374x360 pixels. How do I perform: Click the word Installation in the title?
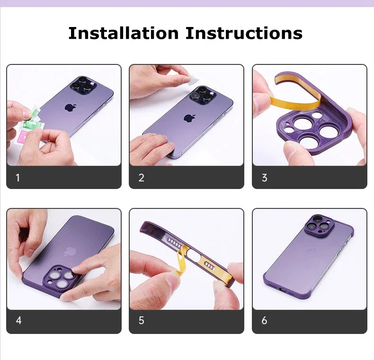pos(124,33)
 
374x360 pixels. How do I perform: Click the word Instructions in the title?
pos(244,33)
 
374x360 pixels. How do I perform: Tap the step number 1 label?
pos(18,178)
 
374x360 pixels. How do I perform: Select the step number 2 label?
pos(141,178)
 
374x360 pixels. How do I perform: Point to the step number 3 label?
pos(264,178)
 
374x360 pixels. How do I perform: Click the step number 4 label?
pos(18,321)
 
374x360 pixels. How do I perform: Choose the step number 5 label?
pos(141,321)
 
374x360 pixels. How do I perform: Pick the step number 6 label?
pos(264,321)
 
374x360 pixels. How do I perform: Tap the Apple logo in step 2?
pos(190,117)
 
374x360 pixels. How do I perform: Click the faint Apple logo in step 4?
pos(71,251)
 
